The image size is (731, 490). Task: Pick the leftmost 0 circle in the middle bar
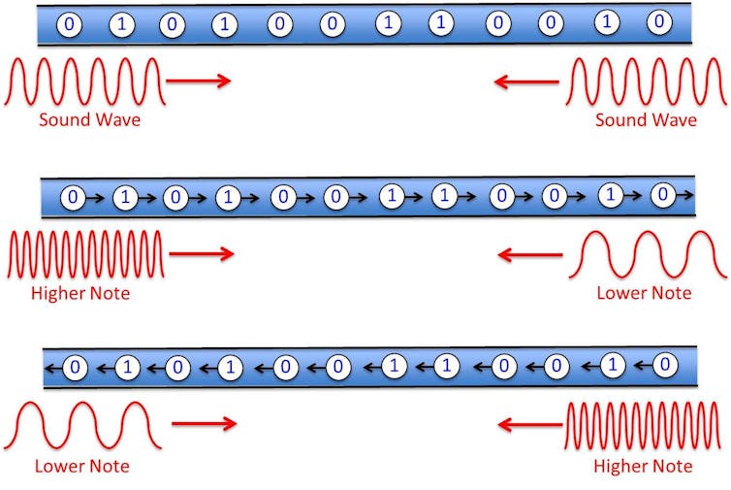[x=73, y=198]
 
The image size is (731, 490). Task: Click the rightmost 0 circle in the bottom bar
[x=663, y=366]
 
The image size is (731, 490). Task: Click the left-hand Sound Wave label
[x=90, y=120]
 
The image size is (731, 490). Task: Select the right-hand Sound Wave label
[x=646, y=120]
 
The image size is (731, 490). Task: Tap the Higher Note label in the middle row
[x=81, y=293]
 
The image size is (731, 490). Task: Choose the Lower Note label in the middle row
[x=644, y=293]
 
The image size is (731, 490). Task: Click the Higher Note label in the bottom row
[x=643, y=467]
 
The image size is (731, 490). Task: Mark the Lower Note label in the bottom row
[x=81, y=467]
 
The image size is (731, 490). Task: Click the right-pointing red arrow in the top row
[x=199, y=81]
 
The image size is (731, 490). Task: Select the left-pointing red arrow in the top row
[x=526, y=82]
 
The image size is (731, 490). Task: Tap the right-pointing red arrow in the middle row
[x=201, y=254]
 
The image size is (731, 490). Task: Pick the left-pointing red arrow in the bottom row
[x=529, y=424]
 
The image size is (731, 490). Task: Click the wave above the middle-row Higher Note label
[x=85, y=254]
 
